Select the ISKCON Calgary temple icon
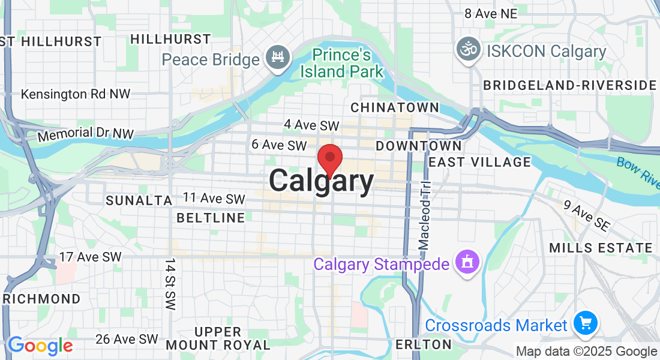[x=469, y=49]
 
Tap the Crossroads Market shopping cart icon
[x=585, y=324]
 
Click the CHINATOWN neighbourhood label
[x=395, y=107]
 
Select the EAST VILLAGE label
[x=480, y=162]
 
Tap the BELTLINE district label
[x=211, y=218]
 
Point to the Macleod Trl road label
[x=425, y=216]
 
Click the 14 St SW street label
[x=170, y=284]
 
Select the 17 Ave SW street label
[x=90, y=257]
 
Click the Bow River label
[x=638, y=171]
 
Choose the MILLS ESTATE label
[x=601, y=248]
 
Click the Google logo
[x=40, y=346]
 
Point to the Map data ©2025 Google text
[x=587, y=352]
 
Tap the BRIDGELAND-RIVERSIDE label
[x=570, y=85]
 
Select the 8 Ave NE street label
[x=490, y=13]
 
